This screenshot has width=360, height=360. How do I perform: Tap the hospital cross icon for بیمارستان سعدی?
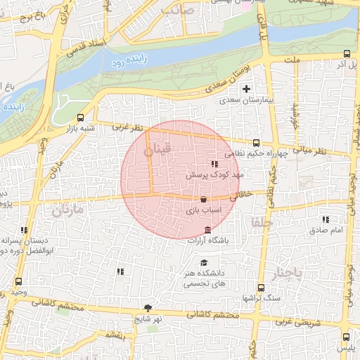(x=246, y=89)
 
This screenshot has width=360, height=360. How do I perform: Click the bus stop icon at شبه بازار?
(x=81, y=117)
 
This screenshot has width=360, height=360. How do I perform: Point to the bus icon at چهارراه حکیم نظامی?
(x=256, y=143)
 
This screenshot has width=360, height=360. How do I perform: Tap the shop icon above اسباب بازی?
(x=203, y=199)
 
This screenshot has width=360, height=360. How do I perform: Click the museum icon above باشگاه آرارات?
(x=207, y=231)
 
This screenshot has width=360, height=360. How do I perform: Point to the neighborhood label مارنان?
(x=67, y=210)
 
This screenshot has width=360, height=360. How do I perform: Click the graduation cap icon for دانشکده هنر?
(x=204, y=262)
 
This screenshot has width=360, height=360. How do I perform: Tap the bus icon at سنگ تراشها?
(x=261, y=287)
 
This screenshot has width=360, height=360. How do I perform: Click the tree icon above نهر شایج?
(x=148, y=307)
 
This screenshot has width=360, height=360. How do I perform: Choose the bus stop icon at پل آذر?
(x=347, y=53)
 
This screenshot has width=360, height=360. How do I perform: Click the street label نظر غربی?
(x=128, y=128)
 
